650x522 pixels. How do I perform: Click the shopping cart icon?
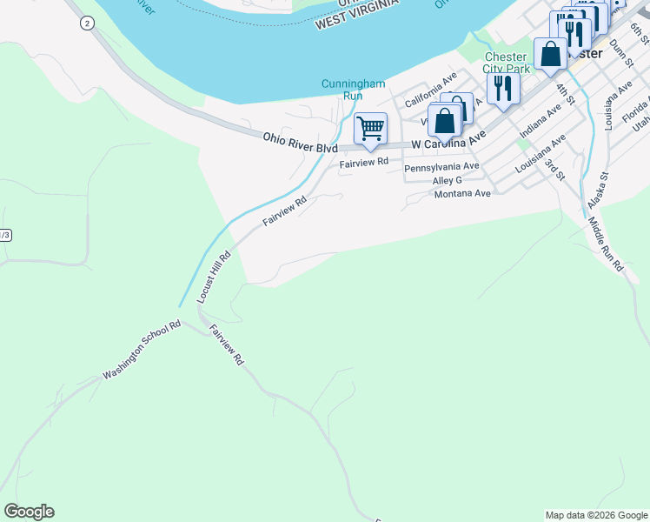pyautogui.click(x=370, y=130)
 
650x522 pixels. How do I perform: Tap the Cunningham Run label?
pyautogui.click(x=353, y=89)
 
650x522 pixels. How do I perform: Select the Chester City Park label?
pyautogui.click(x=506, y=63)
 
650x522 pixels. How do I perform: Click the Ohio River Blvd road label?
pyautogui.click(x=300, y=143)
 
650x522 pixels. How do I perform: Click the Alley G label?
pyautogui.click(x=447, y=180)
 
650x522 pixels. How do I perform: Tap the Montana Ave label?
pyautogui.click(x=462, y=193)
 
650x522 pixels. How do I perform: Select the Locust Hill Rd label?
pyautogui.click(x=213, y=277)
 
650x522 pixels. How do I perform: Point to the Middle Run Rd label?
pyautogui.click(x=605, y=245)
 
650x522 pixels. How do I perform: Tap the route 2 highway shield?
pyautogui.click(x=86, y=23)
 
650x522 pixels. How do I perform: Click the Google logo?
pyautogui.click(x=29, y=512)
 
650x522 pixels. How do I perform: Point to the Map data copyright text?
pyautogui.click(x=595, y=515)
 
